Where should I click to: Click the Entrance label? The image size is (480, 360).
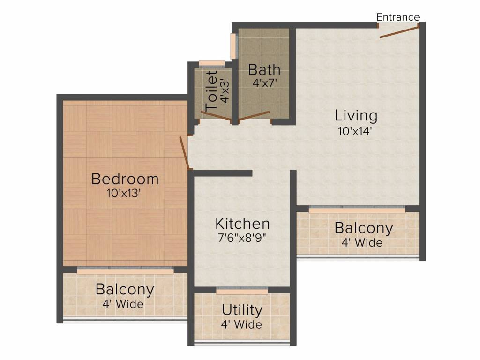coord(398,17)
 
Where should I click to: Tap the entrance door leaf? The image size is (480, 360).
coord(399,32)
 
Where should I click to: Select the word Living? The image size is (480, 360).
coord(356,115)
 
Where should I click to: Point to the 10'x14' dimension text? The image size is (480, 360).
coord(355,131)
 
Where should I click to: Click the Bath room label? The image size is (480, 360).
coord(264,70)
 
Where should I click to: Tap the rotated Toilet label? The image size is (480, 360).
coord(212,90)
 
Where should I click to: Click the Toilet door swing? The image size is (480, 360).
coord(216,116)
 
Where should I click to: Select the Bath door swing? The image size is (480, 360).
coord(254,116)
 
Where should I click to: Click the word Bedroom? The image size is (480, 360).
coord(125,179)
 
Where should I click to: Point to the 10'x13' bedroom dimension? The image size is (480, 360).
coord(125,193)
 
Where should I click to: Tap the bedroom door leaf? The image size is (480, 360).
coord(184,153)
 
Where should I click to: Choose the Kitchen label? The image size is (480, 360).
coord(242,223)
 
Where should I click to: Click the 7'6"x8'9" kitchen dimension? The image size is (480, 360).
coord(242,238)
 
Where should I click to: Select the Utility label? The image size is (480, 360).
coord(242,310)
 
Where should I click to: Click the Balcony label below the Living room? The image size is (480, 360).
coord(363,228)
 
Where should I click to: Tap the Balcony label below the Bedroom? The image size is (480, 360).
coord(125,289)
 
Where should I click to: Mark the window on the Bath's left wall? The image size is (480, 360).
coord(233,46)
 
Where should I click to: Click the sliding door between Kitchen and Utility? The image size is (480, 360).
coord(242,291)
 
